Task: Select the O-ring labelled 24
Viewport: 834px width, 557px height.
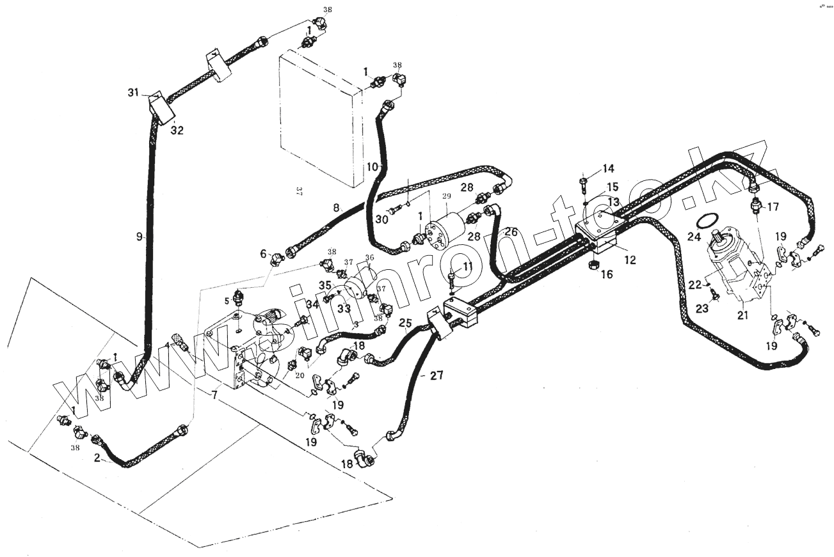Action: (x=706, y=221)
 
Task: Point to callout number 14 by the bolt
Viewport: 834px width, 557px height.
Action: (x=607, y=169)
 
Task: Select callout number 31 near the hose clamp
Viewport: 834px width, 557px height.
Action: (x=132, y=94)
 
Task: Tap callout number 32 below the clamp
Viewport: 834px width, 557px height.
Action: (x=177, y=130)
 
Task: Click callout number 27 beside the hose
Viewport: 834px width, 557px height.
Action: (x=435, y=375)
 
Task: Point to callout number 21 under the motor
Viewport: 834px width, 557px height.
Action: (x=742, y=315)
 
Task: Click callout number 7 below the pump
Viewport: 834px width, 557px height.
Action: (x=214, y=396)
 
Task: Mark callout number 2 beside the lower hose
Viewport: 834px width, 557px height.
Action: (x=97, y=458)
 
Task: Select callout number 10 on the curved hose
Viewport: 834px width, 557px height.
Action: (x=373, y=166)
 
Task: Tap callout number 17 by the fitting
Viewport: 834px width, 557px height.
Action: (x=773, y=207)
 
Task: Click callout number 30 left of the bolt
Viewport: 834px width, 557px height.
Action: (x=382, y=219)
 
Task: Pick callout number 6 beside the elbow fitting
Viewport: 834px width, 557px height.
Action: (x=263, y=254)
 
